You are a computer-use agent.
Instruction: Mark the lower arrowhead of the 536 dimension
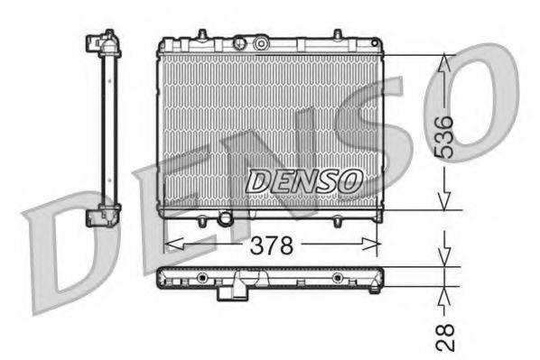pyautogui.click(x=443, y=200)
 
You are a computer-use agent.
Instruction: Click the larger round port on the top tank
pyautogui.click(x=261, y=43)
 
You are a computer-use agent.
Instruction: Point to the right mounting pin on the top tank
pyautogui.click(x=337, y=36)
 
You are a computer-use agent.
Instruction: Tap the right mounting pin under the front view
pyautogui.click(x=336, y=219)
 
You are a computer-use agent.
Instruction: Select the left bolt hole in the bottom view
pyautogui.click(x=202, y=277)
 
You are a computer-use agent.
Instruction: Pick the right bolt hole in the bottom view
pyautogui.click(x=336, y=277)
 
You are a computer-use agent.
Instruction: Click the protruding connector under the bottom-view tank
pyautogui.click(x=236, y=290)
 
